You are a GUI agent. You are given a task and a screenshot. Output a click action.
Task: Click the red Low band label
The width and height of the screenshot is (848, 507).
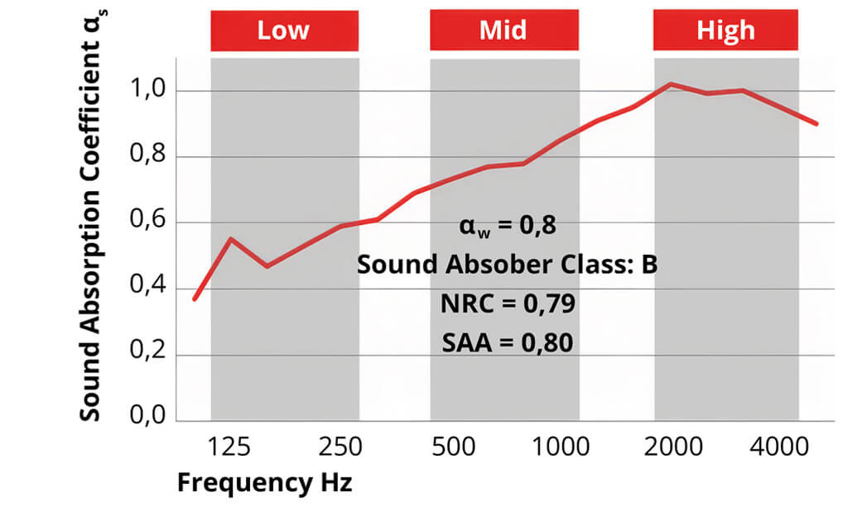pyautogui.click(x=284, y=31)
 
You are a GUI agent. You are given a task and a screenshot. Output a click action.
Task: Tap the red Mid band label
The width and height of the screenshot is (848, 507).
pyautogui.click(x=503, y=31)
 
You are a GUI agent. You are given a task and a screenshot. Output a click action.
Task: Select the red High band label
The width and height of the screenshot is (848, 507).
pyautogui.click(x=725, y=31)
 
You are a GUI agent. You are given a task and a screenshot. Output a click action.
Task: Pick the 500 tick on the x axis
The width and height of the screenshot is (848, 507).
pyautogui.click(x=453, y=447)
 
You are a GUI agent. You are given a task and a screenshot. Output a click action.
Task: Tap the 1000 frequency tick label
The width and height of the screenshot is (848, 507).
pyautogui.click(x=556, y=447)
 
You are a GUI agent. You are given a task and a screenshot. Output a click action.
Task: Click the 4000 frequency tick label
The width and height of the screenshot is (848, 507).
pyautogui.click(x=782, y=447)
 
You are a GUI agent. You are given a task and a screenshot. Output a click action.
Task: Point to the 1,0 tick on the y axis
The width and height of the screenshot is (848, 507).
pyautogui.click(x=151, y=91)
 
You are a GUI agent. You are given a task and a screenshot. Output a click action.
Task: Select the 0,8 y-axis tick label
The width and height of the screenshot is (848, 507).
pyautogui.click(x=151, y=156)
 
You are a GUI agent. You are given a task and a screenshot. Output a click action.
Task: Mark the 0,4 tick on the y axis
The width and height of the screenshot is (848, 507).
pyautogui.click(x=151, y=289)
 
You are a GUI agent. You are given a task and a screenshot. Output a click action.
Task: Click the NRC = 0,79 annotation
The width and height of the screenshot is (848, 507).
pyautogui.click(x=507, y=303)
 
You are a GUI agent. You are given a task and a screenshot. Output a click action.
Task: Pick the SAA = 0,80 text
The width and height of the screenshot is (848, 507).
pyautogui.click(x=507, y=340)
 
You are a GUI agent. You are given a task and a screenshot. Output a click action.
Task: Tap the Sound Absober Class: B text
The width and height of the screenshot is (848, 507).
pyautogui.click(x=507, y=265)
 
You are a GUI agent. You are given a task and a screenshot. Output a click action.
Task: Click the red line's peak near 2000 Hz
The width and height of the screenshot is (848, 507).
pyautogui.click(x=670, y=84)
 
